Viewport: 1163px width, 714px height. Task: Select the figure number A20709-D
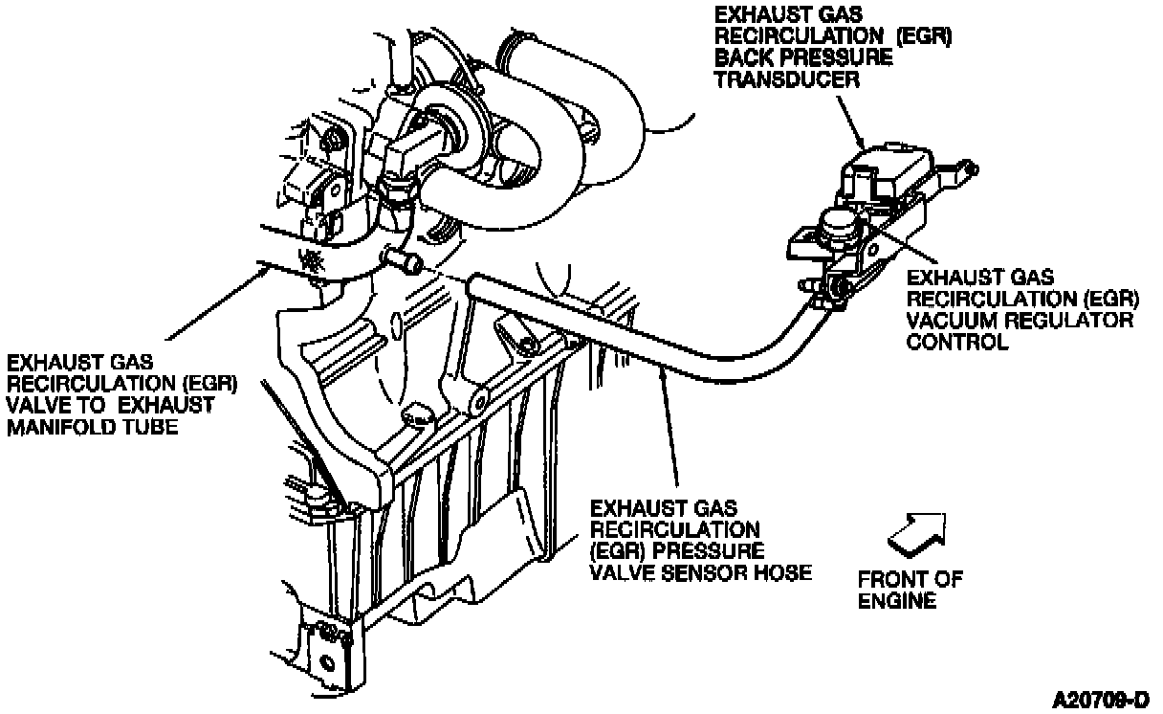[x=1101, y=697]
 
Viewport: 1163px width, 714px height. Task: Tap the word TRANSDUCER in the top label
[x=787, y=79]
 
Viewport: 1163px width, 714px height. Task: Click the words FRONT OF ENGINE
[x=910, y=590]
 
